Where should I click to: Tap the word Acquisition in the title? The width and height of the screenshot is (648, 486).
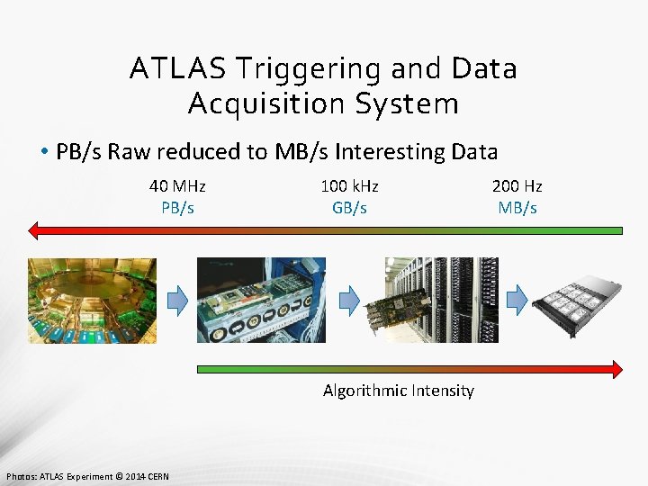266,103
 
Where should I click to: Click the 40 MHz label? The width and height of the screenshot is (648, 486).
177,186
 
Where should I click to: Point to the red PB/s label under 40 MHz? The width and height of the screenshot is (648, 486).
177,208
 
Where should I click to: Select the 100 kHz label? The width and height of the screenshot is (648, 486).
349,186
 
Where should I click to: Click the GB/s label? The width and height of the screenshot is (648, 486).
349,208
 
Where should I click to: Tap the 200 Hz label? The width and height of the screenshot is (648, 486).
517,186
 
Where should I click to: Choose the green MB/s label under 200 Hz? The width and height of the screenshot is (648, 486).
517,208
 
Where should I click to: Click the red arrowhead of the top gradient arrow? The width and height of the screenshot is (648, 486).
34,230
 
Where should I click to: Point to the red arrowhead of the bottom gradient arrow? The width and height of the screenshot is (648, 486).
616,369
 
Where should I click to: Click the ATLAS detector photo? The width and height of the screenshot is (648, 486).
91,301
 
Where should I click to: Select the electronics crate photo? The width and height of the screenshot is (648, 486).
261,301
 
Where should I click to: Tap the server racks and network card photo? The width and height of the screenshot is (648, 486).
441,301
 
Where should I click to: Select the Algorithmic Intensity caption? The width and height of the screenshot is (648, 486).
398,391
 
